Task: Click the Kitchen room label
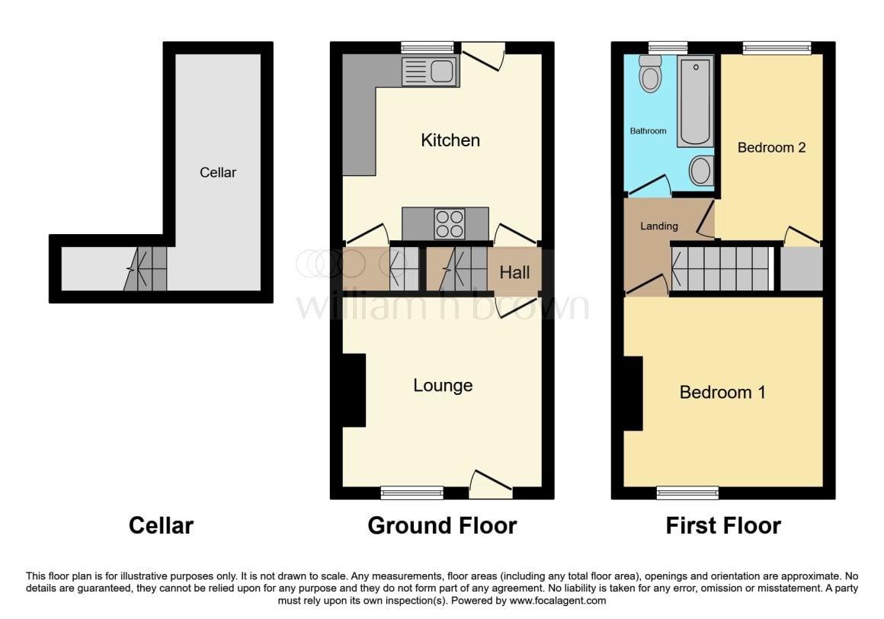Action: pyautogui.click(x=450, y=140)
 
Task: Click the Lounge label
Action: pyautogui.click(x=443, y=386)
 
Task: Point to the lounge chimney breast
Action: pyautogui.click(x=354, y=390)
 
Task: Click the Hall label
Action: pyautogui.click(x=514, y=272)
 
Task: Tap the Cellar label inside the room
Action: pyautogui.click(x=218, y=172)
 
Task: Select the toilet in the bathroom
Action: pyautogui.click(x=650, y=73)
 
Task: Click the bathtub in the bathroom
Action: pyautogui.click(x=694, y=101)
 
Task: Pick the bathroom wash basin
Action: pyautogui.click(x=700, y=171)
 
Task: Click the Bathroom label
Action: pyautogui.click(x=648, y=131)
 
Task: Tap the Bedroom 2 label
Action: pyautogui.click(x=771, y=148)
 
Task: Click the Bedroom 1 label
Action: pyautogui.click(x=722, y=393)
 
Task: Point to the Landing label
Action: pyautogui.click(x=658, y=226)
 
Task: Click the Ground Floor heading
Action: pyautogui.click(x=442, y=525)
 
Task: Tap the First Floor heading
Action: pyautogui.click(x=723, y=525)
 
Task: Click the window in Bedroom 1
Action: pyautogui.click(x=687, y=492)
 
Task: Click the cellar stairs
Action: pyautogui.click(x=146, y=269)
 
